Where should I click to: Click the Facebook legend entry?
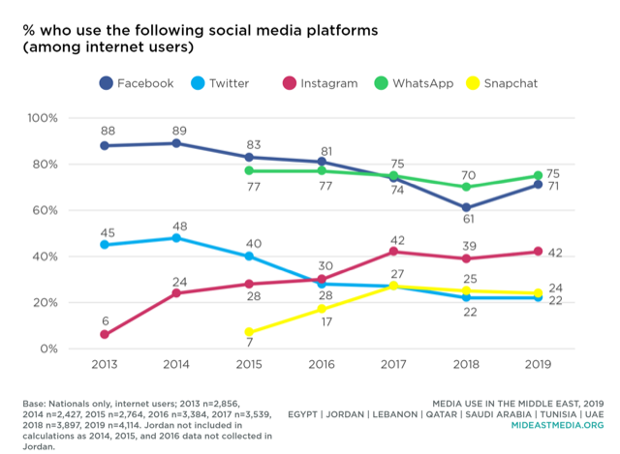tap(136, 83)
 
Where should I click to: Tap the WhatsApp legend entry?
tap(412, 83)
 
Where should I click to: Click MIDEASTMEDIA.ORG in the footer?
tap(555, 425)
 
